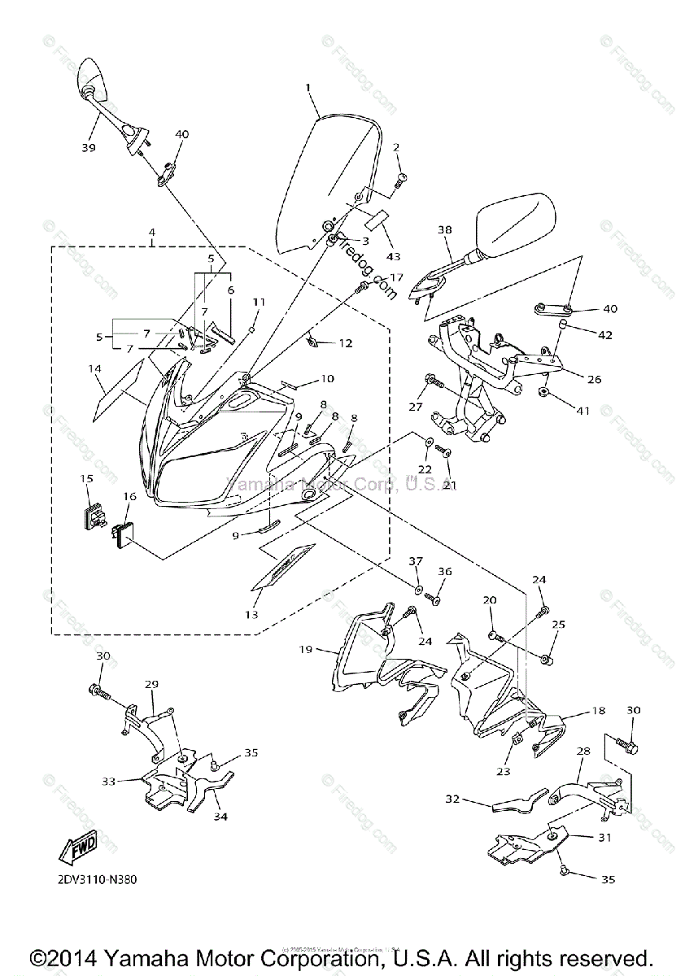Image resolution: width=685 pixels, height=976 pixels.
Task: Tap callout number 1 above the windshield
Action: (x=308, y=87)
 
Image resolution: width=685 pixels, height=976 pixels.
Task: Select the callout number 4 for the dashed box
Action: (x=151, y=233)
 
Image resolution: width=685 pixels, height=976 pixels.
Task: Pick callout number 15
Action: (x=86, y=480)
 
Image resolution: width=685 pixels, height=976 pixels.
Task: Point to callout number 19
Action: (x=306, y=649)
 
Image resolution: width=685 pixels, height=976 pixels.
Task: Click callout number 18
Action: (x=598, y=711)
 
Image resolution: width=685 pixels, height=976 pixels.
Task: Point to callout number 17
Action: (x=396, y=277)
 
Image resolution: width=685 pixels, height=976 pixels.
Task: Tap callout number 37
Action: (x=416, y=561)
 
